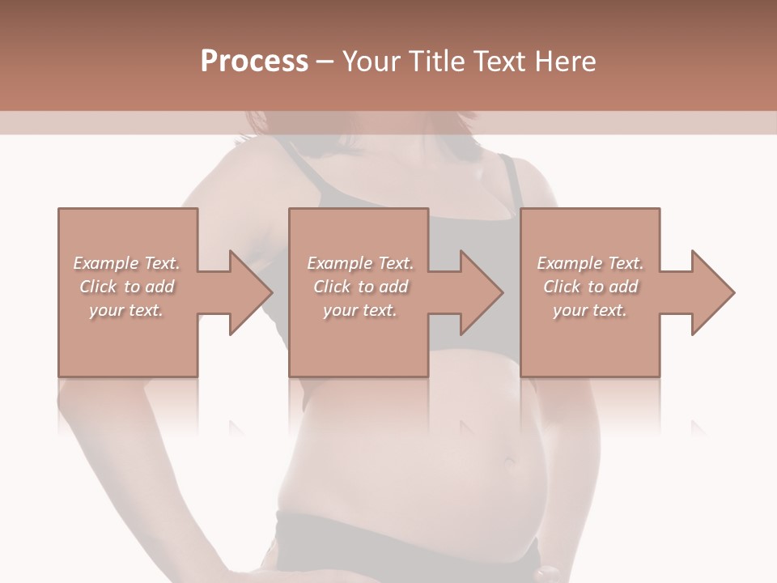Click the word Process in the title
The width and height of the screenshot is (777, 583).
[254, 62]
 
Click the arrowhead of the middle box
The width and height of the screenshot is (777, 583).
[481, 292]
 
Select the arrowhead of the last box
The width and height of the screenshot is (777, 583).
[712, 292]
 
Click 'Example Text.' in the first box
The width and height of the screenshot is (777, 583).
[126, 263]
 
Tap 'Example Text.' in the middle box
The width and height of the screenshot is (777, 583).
[360, 263]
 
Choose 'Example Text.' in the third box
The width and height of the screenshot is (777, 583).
[590, 263]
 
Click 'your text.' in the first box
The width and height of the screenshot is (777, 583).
[126, 310]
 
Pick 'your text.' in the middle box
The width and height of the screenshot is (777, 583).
[360, 310]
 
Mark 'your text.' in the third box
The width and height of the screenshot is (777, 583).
[590, 310]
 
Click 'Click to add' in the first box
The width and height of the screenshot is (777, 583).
[126, 287]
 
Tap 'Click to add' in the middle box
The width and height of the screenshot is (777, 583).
[360, 287]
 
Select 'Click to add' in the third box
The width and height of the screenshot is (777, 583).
[590, 287]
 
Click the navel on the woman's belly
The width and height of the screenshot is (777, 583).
[510, 462]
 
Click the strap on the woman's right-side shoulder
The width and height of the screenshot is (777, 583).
[509, 182]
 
